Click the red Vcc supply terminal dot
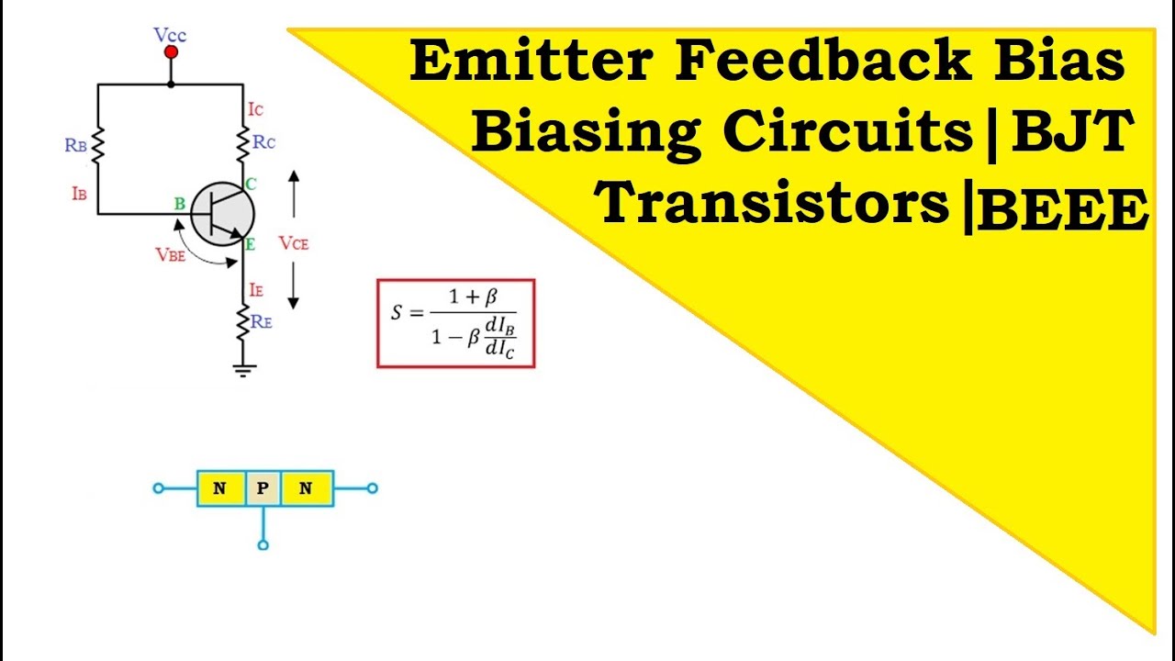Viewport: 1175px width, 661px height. coord(170,53)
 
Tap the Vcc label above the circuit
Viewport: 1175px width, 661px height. coord(171,35)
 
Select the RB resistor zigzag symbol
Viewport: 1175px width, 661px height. coord(97,145)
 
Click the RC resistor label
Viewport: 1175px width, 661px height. coord(263,142)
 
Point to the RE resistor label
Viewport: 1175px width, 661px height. coord(262,321)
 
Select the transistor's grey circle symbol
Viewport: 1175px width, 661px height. coord(223,214)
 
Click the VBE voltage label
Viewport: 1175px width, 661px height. coord(171,255)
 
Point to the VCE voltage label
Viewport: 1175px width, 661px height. coord(294,243)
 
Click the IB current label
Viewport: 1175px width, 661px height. coord(78,195)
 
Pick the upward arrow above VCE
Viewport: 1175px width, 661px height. coord(294,193)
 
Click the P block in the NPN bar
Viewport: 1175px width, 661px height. coord(263,488)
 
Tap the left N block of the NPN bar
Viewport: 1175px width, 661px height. coord(220,488)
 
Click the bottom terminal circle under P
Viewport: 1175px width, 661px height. coord(263,545)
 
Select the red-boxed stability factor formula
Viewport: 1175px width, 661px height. coord(455,323)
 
